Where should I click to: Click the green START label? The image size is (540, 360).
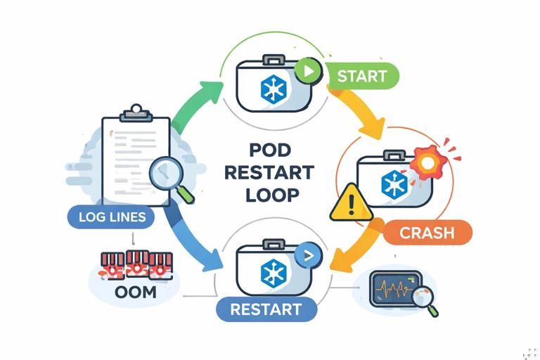[362, 76]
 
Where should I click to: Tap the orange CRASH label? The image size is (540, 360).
[427, 232]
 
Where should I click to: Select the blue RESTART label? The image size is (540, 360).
[266, 309]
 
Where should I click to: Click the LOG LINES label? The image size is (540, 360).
[110, 217]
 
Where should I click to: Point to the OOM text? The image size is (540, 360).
[134, 291]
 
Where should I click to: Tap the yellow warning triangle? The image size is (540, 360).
[351, 203]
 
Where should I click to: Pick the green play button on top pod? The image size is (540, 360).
[307, 70]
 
